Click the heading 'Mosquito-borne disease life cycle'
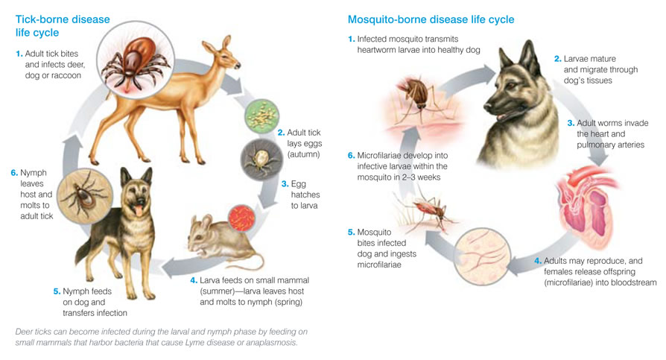click(x=431, y=19)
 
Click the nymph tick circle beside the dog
click(x=84, y=196)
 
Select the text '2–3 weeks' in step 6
click(x=418, y=177)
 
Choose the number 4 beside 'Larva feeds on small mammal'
click(x=193, y=280)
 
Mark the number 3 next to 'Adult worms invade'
click(x=571, y=123)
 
